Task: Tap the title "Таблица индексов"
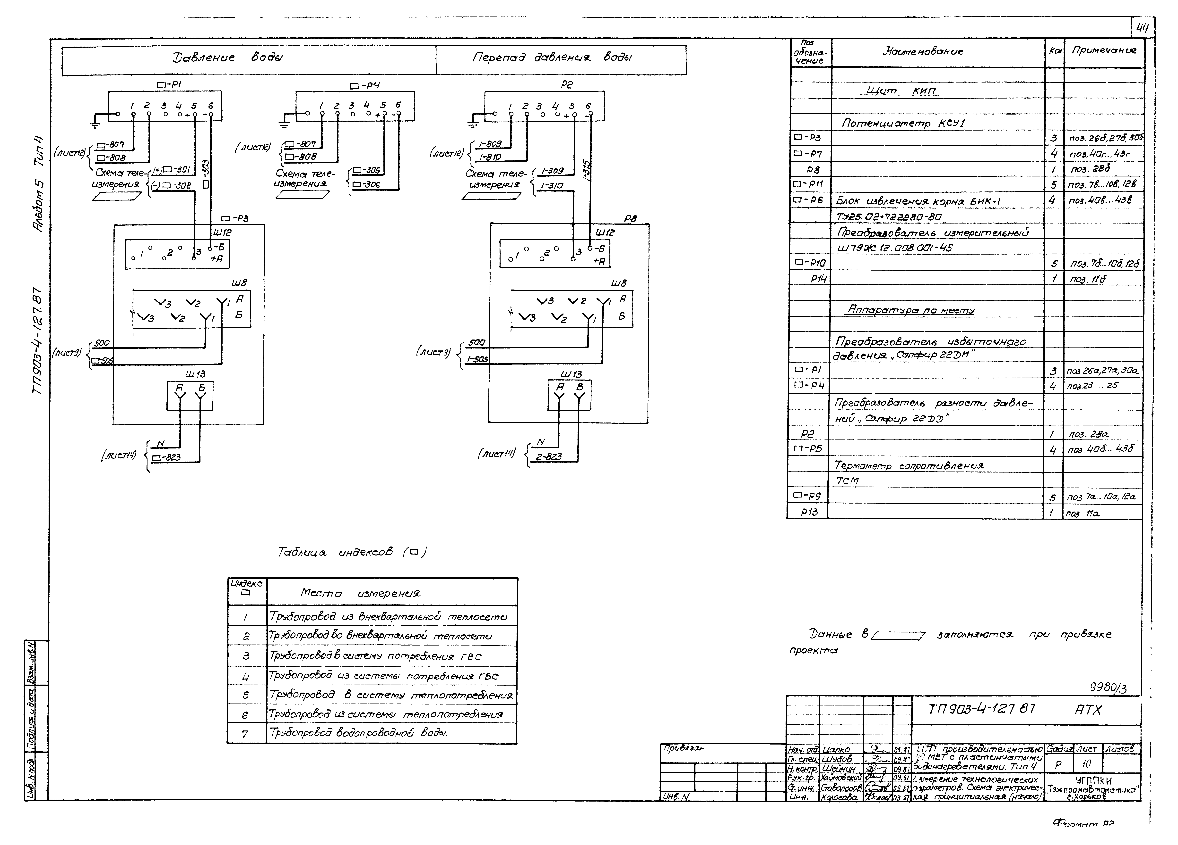(352, 552)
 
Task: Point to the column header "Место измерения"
(360, 593)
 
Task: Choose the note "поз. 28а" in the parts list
(1088, 434)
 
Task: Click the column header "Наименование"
(922, 51)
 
